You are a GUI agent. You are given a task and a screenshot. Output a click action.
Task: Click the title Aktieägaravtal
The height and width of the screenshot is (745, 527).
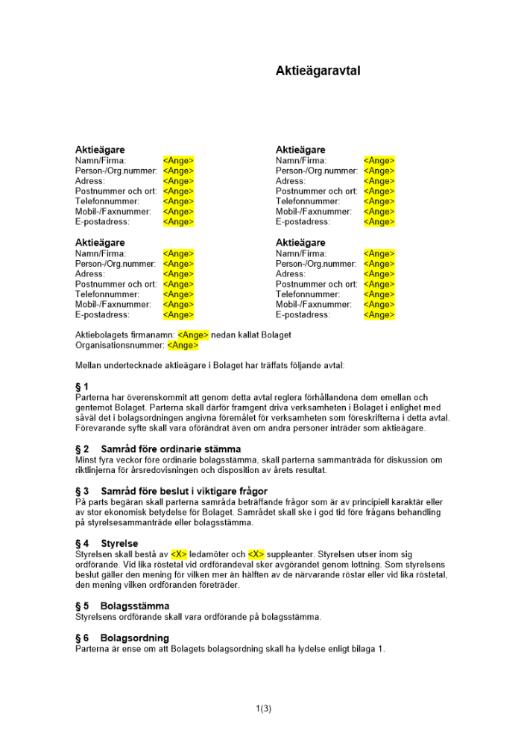point(318,72)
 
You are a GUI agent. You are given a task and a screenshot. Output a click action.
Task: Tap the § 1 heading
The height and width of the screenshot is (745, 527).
point(82,387)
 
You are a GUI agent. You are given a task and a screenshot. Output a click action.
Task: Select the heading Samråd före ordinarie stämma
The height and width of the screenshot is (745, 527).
point(171,449)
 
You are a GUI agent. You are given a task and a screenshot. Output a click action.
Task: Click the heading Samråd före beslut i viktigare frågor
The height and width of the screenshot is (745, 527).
point(183,491)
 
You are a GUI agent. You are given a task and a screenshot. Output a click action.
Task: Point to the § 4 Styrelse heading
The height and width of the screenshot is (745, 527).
point(107,544)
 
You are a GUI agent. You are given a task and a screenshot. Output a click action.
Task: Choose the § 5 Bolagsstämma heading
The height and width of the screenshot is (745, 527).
point(122,606)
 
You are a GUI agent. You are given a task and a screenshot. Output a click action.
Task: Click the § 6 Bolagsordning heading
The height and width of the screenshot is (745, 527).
point(122,638)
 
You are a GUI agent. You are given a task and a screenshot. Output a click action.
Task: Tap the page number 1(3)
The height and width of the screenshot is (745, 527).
point(263,708)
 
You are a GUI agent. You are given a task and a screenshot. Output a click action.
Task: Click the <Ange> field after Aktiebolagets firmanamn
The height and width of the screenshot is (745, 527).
point(193,335)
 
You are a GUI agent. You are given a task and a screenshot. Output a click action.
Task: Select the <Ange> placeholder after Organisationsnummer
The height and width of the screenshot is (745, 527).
point(183,346)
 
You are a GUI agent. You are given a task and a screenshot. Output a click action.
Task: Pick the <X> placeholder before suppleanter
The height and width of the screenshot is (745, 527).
point(256,554)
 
